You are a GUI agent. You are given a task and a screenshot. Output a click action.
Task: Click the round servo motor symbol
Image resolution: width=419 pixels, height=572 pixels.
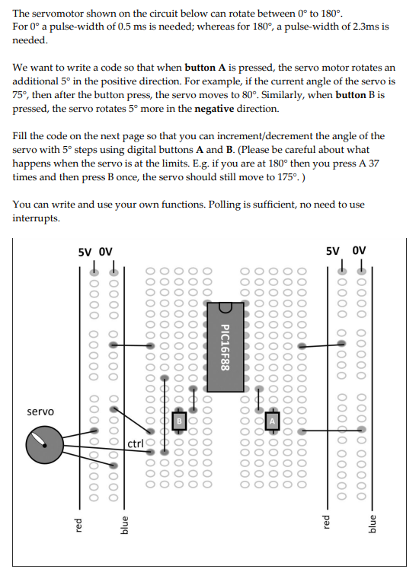pos(43,446)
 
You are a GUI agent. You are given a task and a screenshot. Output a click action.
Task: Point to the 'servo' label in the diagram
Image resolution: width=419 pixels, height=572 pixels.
pos(40,412)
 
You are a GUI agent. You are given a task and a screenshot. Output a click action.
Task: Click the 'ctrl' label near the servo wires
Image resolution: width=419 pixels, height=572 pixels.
pos(136,443)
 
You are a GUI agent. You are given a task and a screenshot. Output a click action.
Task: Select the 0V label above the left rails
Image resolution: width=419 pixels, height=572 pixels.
pos(107,252)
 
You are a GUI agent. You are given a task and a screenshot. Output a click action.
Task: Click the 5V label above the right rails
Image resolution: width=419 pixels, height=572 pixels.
pos(334,252)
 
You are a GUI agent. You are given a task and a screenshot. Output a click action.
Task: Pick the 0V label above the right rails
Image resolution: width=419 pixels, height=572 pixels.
pos(357,252)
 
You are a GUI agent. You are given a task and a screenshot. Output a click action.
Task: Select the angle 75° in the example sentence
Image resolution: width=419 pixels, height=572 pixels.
pos(23,94)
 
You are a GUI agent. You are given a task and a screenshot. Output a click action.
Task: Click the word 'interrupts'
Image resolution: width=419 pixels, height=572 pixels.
pos(37,218)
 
